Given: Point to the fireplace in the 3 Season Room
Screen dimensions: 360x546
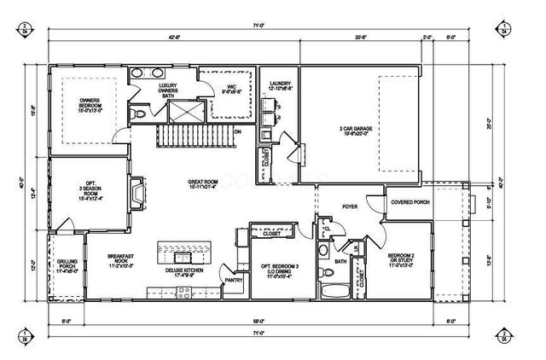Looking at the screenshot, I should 135,197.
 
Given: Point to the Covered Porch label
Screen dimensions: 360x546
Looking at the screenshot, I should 408,201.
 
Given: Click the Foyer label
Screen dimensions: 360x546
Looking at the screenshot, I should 350,206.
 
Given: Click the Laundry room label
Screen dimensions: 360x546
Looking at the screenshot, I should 280,85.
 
